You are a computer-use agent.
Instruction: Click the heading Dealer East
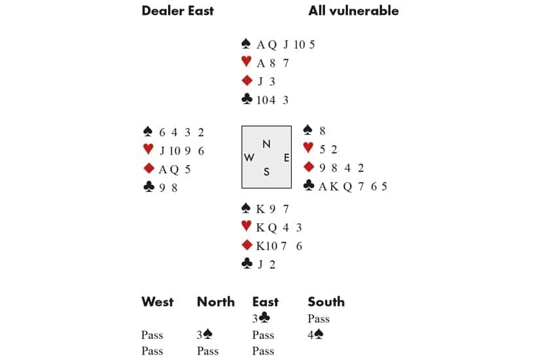tap(177, 10)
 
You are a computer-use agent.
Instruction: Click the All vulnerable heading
tap(353, 10)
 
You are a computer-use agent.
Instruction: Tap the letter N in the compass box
tap(266, 143)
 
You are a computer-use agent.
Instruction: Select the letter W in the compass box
tap(249, 158)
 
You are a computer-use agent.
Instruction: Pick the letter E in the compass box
tap(286, 158)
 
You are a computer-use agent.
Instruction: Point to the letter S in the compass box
tap(266, 171)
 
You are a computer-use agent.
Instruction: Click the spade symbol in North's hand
tap(247, 45)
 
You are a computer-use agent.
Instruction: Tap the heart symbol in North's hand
tap(247, 63)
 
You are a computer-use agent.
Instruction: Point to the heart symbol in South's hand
tap(247, 227)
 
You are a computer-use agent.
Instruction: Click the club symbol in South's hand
tap(247, 264)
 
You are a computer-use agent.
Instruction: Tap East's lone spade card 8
tap(323, 132)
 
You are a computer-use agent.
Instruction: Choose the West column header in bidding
tap(158, 302)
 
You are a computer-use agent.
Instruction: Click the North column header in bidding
tap(216, 302)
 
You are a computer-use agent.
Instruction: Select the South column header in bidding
tap(326, 302)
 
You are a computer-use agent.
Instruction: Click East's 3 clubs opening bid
tap(260, 319)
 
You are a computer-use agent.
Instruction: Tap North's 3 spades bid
tap(205, 335)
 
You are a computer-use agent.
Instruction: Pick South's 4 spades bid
tap(316, 335)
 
